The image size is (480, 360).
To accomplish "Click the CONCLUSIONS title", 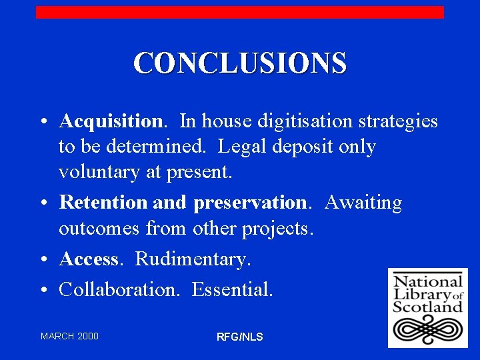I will (x=240, y=63).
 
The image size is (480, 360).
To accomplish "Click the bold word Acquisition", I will (x=110, y=121).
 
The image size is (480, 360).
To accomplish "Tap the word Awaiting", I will (x=364, y=203).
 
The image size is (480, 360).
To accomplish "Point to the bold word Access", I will (x=89, y=259).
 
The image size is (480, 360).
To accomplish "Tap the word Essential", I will (x=232, y=289).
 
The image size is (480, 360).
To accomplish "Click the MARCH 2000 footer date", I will (x=69, y=336).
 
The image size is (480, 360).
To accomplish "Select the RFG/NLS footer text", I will (x=240, y=337).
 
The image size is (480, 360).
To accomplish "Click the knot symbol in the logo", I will (x=427, y=329).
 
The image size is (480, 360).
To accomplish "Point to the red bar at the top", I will (x=240, y=12).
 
